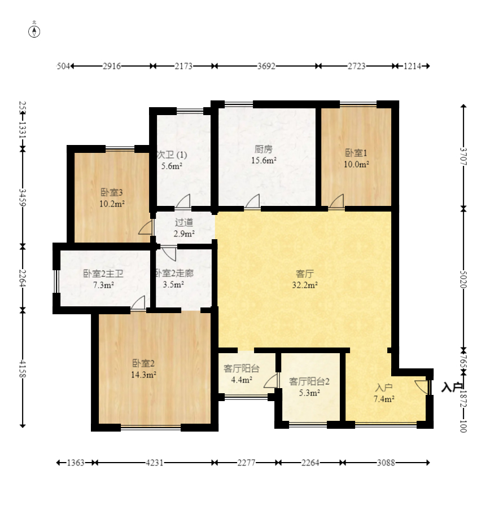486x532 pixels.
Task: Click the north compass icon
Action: tap(34, 32)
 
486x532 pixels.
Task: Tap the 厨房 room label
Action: tap(264, 149)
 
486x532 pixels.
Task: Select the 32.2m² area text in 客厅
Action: tap(305, 285)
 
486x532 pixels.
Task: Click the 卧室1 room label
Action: tap(356, 153)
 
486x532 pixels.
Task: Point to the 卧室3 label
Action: tap(112, 192)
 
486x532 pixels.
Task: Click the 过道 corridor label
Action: tap(184, 222)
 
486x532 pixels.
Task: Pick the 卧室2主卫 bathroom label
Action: tap(103, 274)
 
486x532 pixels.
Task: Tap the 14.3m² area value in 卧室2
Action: tap(143, 375)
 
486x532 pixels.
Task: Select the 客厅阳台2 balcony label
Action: tap(309, 381)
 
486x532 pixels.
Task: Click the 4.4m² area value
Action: tap(242, 380)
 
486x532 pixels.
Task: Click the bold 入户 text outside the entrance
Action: tap(452, 387)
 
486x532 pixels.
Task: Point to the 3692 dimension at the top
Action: tap(266, 66)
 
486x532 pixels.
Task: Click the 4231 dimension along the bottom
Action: tap(155, 463)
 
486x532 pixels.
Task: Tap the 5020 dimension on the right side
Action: tap(463, 279)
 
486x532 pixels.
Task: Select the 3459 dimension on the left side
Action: tap(23, 197)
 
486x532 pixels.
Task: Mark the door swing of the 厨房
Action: tap(252, 201)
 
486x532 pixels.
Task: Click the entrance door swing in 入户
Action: tap(422, 387)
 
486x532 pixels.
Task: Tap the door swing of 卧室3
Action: tap(145, 228)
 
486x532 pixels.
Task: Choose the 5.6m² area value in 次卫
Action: tap(172, 166)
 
